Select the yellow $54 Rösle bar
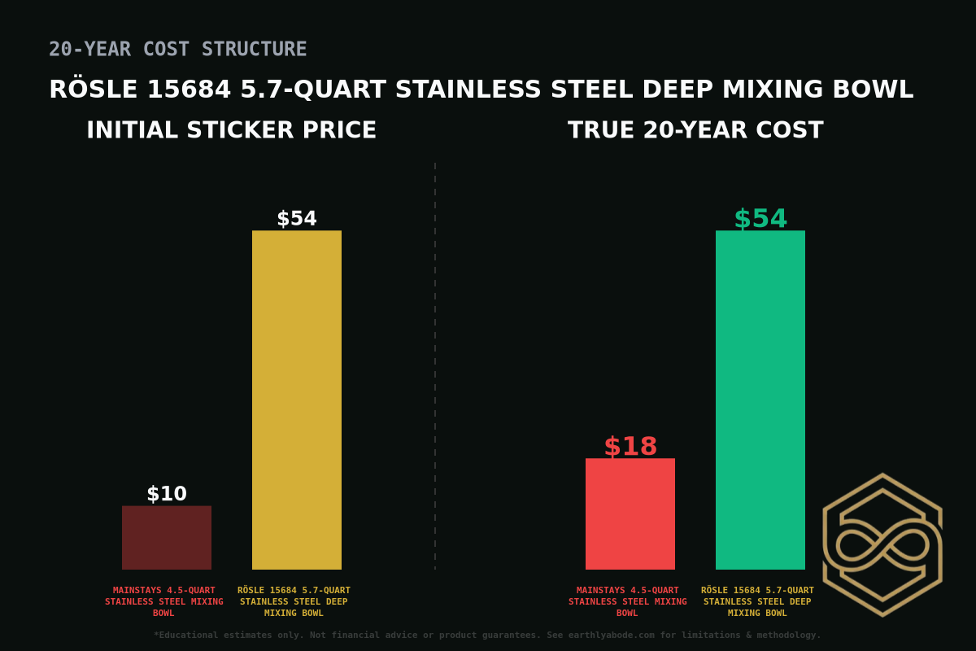pos(297,399)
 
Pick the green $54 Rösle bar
pos(760,399)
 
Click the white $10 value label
pos(167,494)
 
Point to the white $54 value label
pos(297,219)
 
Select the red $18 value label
pos(630,447)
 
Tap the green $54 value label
pos(760,219)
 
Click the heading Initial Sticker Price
pos(232,130)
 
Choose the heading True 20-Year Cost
pos(695,130)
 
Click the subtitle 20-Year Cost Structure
pos(178,50)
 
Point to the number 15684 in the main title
pos(189,90)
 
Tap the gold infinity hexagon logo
pos(882,544)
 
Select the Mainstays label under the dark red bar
pos(164,601)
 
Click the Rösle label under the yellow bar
pos(294,601)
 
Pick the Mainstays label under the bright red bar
pos(628,601)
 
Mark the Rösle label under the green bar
pos(757,601)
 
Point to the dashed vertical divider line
pos(435,366)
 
